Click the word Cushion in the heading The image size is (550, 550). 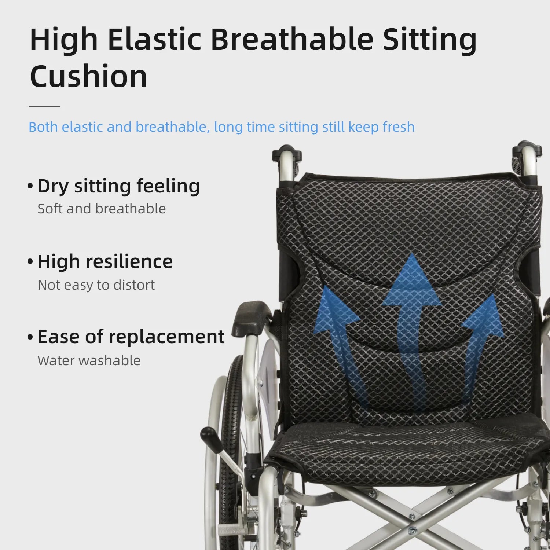(x=88, y=76)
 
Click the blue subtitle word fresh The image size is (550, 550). (x=399, y=127)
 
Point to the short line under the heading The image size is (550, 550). (x=44, y=106)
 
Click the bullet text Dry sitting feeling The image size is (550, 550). (x=118, y=186)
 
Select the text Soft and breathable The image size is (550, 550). (x=102, y=209)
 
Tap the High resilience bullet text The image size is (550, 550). (x=105, y=261)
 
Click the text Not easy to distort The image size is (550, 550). (x=96, y=285)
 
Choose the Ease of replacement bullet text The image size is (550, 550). (x=131, y=337)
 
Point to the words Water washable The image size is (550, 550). (x=89, y=360)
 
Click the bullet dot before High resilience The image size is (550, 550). (x=30, y=262)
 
